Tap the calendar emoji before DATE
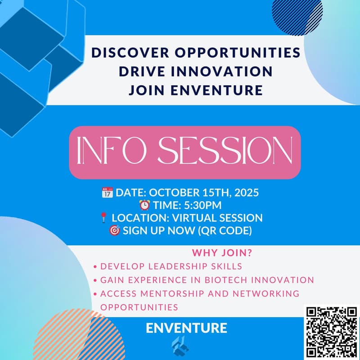[x=107, y=193]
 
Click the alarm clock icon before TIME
[x=144, y=206]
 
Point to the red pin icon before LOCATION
[x=103, y=218]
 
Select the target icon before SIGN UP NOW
[x=114, y=231]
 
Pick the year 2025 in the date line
[x=246, y=193]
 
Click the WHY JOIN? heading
[x=222, y=252]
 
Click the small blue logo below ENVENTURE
[x=180, y=346]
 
